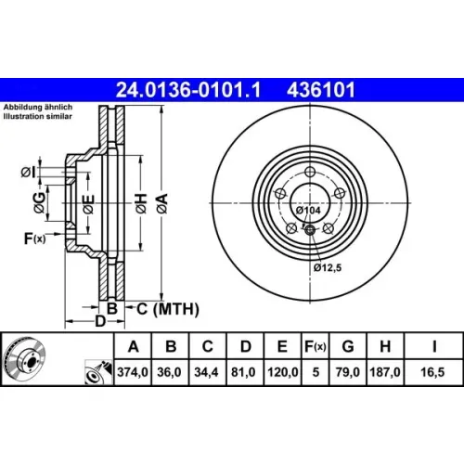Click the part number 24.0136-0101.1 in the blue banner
point(188,90)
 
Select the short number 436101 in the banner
point(321,90)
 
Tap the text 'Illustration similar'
point(38,117)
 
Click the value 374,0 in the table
point(133,372)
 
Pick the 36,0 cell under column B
point(169,372)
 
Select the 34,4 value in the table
point(206,372)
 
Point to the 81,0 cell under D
point(243,372)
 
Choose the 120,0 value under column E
point(283,372)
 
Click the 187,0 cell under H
point(385,372)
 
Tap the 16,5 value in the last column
point(432,372)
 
